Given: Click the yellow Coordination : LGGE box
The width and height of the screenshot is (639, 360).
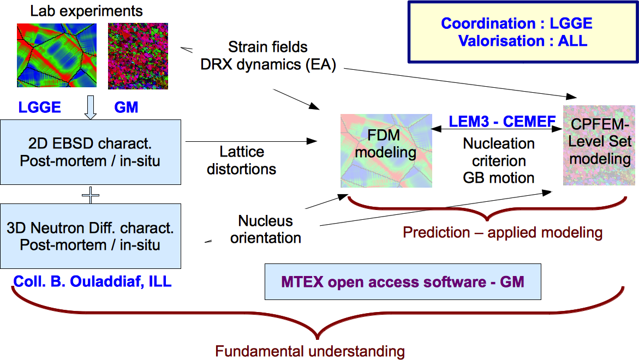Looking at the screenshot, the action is pos(522,32).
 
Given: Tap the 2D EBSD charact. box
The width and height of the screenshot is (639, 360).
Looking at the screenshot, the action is pos(91,152).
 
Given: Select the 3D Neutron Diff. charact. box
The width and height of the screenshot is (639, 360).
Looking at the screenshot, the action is pos(91,236).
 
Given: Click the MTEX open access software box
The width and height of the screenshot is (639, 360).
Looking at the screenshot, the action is pos(403,282).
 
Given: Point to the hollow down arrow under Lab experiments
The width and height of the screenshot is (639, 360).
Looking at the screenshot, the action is pos(91,107).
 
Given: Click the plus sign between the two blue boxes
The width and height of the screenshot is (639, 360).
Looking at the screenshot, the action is pos(91,195).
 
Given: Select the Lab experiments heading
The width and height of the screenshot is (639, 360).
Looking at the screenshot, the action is pos(86,11).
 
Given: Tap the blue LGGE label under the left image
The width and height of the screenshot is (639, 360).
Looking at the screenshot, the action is pos(39,107).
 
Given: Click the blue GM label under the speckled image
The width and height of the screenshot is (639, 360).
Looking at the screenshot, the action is pos(126,107).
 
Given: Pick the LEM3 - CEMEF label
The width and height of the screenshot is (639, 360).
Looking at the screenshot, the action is pos(502,121).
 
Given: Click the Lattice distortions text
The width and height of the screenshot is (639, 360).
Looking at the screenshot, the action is pos(242,160).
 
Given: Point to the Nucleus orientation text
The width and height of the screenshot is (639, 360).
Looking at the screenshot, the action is pos(266,229).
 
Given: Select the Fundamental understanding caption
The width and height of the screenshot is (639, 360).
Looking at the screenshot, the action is pos(310,351).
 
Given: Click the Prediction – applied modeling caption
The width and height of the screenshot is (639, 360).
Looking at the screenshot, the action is pos(503,232).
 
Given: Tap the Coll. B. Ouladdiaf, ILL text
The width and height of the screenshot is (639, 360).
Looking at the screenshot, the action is pos(93,281).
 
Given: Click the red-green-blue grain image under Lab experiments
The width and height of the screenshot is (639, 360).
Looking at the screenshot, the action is pos(57,55).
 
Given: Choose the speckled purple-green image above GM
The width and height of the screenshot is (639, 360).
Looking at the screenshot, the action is pos(138,56).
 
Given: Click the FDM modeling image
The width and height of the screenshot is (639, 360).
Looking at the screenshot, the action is pos(386,151).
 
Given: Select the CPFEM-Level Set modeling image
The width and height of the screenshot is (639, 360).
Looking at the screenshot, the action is pos(599,146).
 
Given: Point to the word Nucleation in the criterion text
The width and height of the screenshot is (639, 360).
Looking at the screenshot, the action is pos(499,143).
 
